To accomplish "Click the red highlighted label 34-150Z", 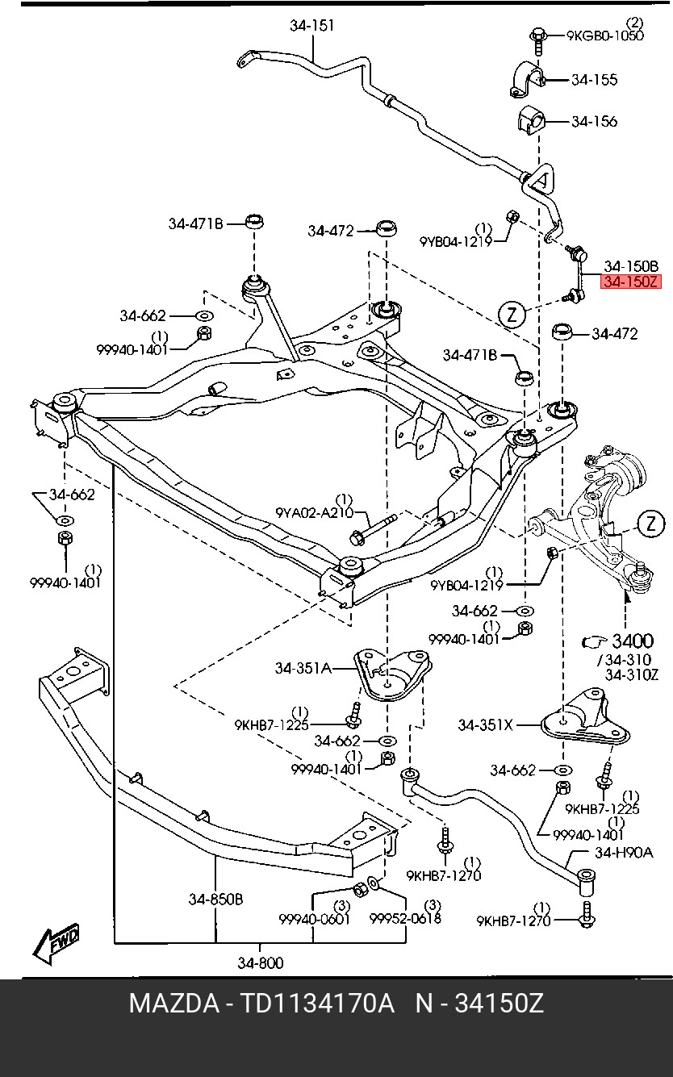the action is point(630,282).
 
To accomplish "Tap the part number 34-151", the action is point(311,25).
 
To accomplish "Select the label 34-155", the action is point(594,79).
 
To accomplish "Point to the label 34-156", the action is point(594,121).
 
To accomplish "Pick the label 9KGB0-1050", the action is point(604,35).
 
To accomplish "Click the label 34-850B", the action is point(215,899).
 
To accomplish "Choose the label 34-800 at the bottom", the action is point(261,962).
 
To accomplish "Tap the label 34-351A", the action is point(303,668).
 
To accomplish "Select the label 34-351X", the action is point(486,725).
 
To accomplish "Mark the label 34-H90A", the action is point(624,853).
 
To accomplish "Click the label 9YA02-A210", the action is point(314,512).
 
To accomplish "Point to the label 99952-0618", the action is point(405,918).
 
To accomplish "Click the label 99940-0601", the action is point(314,919).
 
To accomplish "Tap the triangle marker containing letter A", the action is point(541,180).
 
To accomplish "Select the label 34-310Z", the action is point(632,674).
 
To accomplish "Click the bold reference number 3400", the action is point(633,641).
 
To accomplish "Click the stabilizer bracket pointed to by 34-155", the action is point(526,79).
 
